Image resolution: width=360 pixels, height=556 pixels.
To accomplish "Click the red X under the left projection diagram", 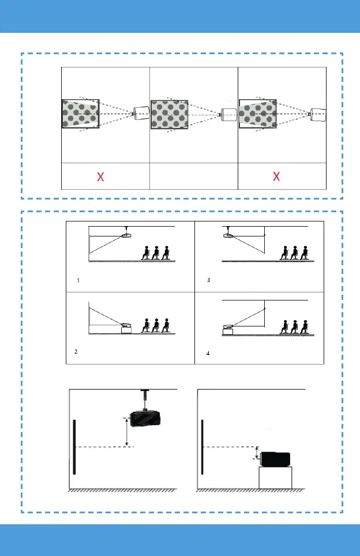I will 100,177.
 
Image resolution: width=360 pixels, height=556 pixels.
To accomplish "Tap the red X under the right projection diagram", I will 276,177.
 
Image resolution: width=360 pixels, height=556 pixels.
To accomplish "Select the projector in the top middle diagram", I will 229,114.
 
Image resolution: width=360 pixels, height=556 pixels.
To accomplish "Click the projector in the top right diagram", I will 318,114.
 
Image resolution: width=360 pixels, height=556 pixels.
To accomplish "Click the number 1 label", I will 78,280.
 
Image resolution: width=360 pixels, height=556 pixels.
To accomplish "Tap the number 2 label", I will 77,351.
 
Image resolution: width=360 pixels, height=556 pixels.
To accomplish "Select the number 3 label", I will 209,280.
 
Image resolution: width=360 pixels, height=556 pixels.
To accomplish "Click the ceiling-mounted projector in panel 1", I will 127,234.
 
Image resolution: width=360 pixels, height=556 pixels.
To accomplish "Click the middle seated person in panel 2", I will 156,324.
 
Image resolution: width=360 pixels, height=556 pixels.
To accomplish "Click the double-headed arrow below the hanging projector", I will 126,432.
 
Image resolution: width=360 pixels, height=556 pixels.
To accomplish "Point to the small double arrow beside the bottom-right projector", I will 256,453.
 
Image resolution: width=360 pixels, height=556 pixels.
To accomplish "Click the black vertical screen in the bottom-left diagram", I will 74,446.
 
